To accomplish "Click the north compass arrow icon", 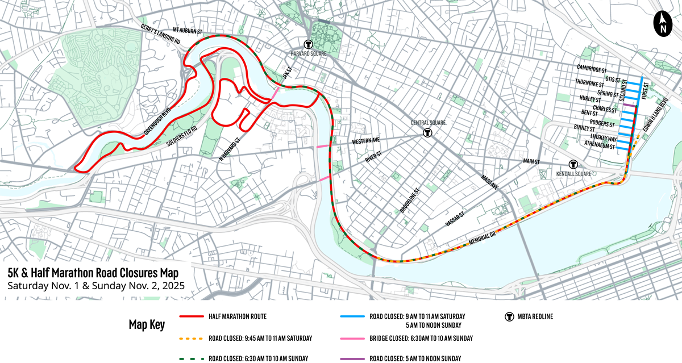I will pos(663,24).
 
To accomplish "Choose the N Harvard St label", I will pos(229,148).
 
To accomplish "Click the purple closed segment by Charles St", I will pos(629,105).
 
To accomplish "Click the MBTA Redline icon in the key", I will pos(509,316).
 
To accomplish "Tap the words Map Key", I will pos(146,326).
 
